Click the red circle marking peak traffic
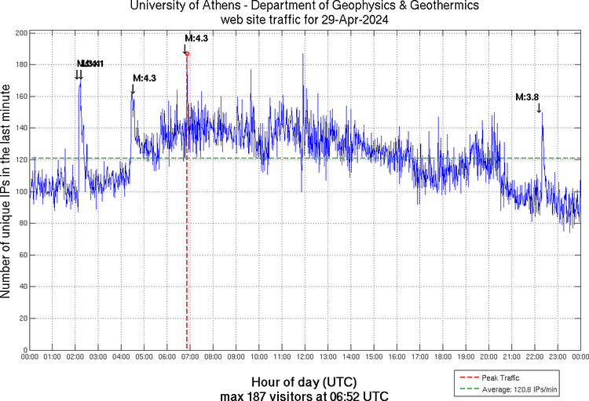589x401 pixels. tap(187, 53)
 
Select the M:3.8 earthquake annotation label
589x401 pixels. tap(527, 97)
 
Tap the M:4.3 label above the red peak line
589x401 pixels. tap(196, 38)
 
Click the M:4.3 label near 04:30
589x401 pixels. tap(145, 78)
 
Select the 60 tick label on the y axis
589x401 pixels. tap(20, 255)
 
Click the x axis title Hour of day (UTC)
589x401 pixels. tap(304, 381)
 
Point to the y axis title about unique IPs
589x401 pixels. tap(7, 191)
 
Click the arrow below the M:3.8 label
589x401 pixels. tap(539, 108)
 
